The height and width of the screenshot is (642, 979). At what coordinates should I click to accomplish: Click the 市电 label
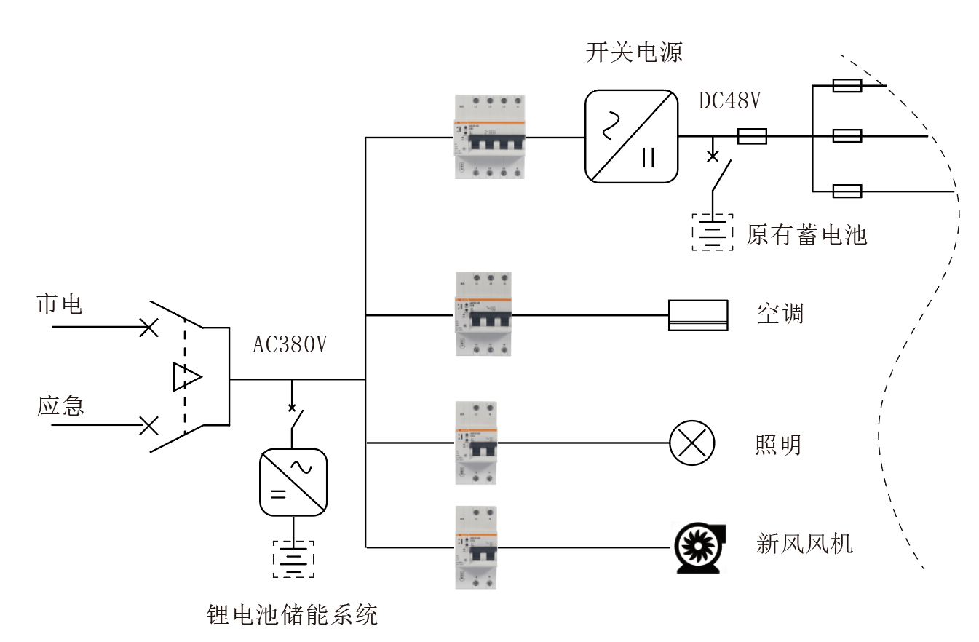coord(60,304)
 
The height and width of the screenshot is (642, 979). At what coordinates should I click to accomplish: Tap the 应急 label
coord(60,405)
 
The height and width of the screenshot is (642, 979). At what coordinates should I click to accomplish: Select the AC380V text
coord(289,345)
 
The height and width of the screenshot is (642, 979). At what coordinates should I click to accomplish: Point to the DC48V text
coord(729,101)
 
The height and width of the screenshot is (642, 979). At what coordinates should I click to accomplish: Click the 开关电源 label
coord(634,52)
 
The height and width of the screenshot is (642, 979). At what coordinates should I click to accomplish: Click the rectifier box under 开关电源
coord(632,136)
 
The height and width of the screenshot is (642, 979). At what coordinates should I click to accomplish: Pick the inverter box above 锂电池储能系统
coord(293,482)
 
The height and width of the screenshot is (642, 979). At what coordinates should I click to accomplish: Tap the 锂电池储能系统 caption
coord(293,616)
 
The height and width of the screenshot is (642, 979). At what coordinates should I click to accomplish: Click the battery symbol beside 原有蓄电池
coord(713,232)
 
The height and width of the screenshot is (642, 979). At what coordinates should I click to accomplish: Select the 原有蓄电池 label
coord(806,235)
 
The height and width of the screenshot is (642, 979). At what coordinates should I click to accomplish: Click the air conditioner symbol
coord(698,315)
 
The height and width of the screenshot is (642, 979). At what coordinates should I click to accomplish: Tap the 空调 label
coord(780,314)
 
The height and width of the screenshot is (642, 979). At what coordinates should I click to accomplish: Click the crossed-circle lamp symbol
coord(691,443)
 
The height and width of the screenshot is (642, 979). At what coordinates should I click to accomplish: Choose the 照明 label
coord(778,443)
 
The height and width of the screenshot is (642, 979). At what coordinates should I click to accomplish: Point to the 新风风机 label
coord(804,544)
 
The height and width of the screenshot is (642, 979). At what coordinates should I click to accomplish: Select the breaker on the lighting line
coord(476,443)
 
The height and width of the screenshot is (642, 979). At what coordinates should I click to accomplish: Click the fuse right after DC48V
coord(752,136)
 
